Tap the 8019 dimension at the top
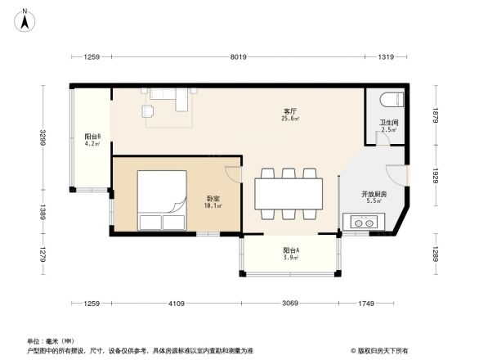point(238,56)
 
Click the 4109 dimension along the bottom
point(177,304)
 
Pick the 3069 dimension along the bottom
point(289,304)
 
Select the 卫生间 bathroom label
point(388,125)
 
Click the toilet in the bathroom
point(392,101)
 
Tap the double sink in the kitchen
point(363,222)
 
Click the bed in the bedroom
point(162,200)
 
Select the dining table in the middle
point(288,194)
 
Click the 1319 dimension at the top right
point(387,56)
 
